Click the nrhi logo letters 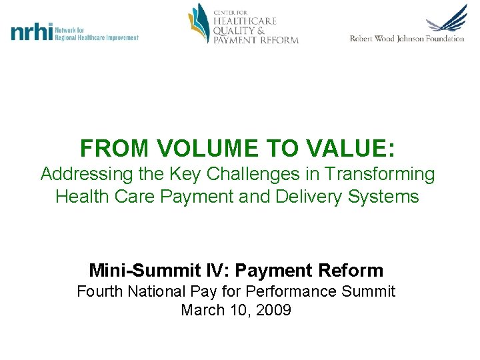pos(31,32)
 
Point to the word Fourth pos(103,291)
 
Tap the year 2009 pos(273,310)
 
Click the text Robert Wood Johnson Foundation pos(407,39)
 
